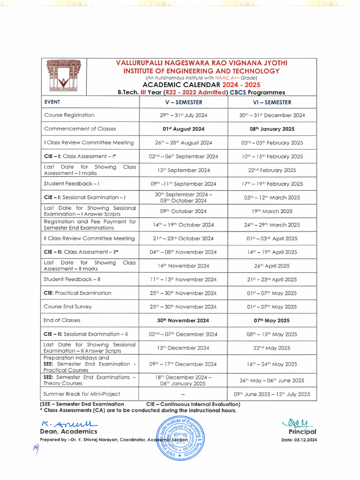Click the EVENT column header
52,102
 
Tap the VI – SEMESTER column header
272,102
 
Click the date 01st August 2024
183,129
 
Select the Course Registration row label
69,115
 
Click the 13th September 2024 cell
183,170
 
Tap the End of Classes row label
62,320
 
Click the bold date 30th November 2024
183,321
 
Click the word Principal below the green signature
302,432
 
